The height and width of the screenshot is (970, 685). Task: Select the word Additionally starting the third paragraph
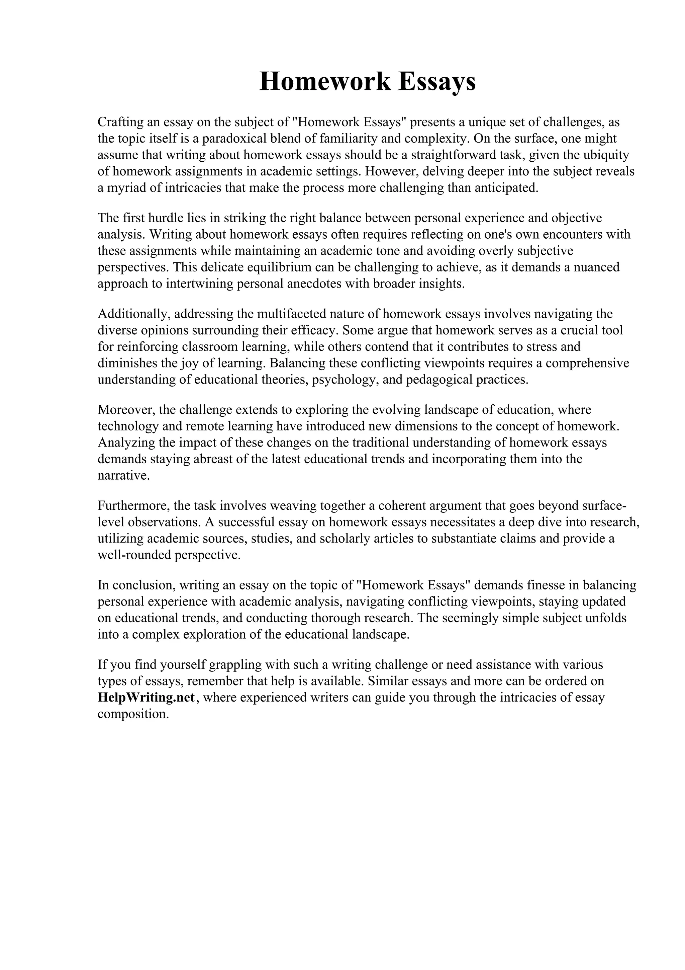(134, 314)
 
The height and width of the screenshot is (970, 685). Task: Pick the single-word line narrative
(124, 476)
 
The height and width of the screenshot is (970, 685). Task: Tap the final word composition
(133, 714)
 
